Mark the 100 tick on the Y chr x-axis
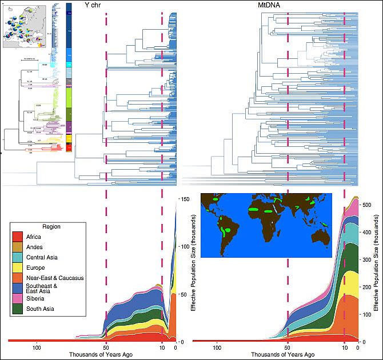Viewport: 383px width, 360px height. tap(37, 347)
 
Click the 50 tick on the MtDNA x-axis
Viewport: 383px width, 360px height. tap(288, 347)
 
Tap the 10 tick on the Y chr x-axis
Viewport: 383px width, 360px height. tap(162, 347)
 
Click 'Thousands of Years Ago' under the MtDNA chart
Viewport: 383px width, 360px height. tap(276, 354)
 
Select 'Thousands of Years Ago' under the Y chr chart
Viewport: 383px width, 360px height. tap(93, 354)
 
